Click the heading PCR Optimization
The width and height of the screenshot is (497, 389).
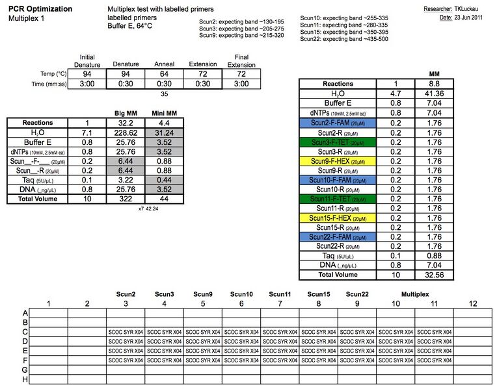[x=40, y=9]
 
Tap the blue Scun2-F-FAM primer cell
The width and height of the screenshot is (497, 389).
[x=338, y=122]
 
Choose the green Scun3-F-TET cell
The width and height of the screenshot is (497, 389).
[x=338, y=142]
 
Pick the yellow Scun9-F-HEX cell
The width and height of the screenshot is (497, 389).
[x=338, y=162]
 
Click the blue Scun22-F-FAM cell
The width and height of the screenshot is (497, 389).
[x=338, y=236]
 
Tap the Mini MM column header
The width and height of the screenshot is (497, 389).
[x=165, y=113]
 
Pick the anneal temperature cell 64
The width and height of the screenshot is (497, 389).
[x=164, y=74]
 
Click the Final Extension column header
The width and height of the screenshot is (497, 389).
[x=241, y=61]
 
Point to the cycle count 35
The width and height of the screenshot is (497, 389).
[x=164, y=94]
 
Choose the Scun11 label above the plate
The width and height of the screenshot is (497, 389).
[x=279, y=294]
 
